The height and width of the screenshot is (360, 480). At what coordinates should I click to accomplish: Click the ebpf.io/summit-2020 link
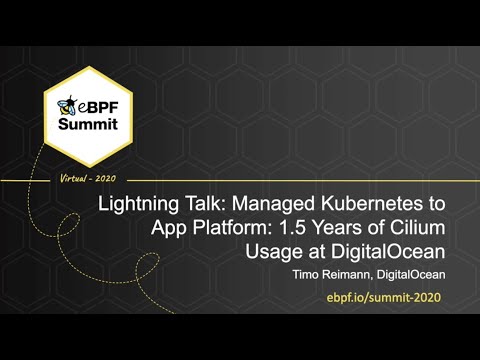click(383, 298)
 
